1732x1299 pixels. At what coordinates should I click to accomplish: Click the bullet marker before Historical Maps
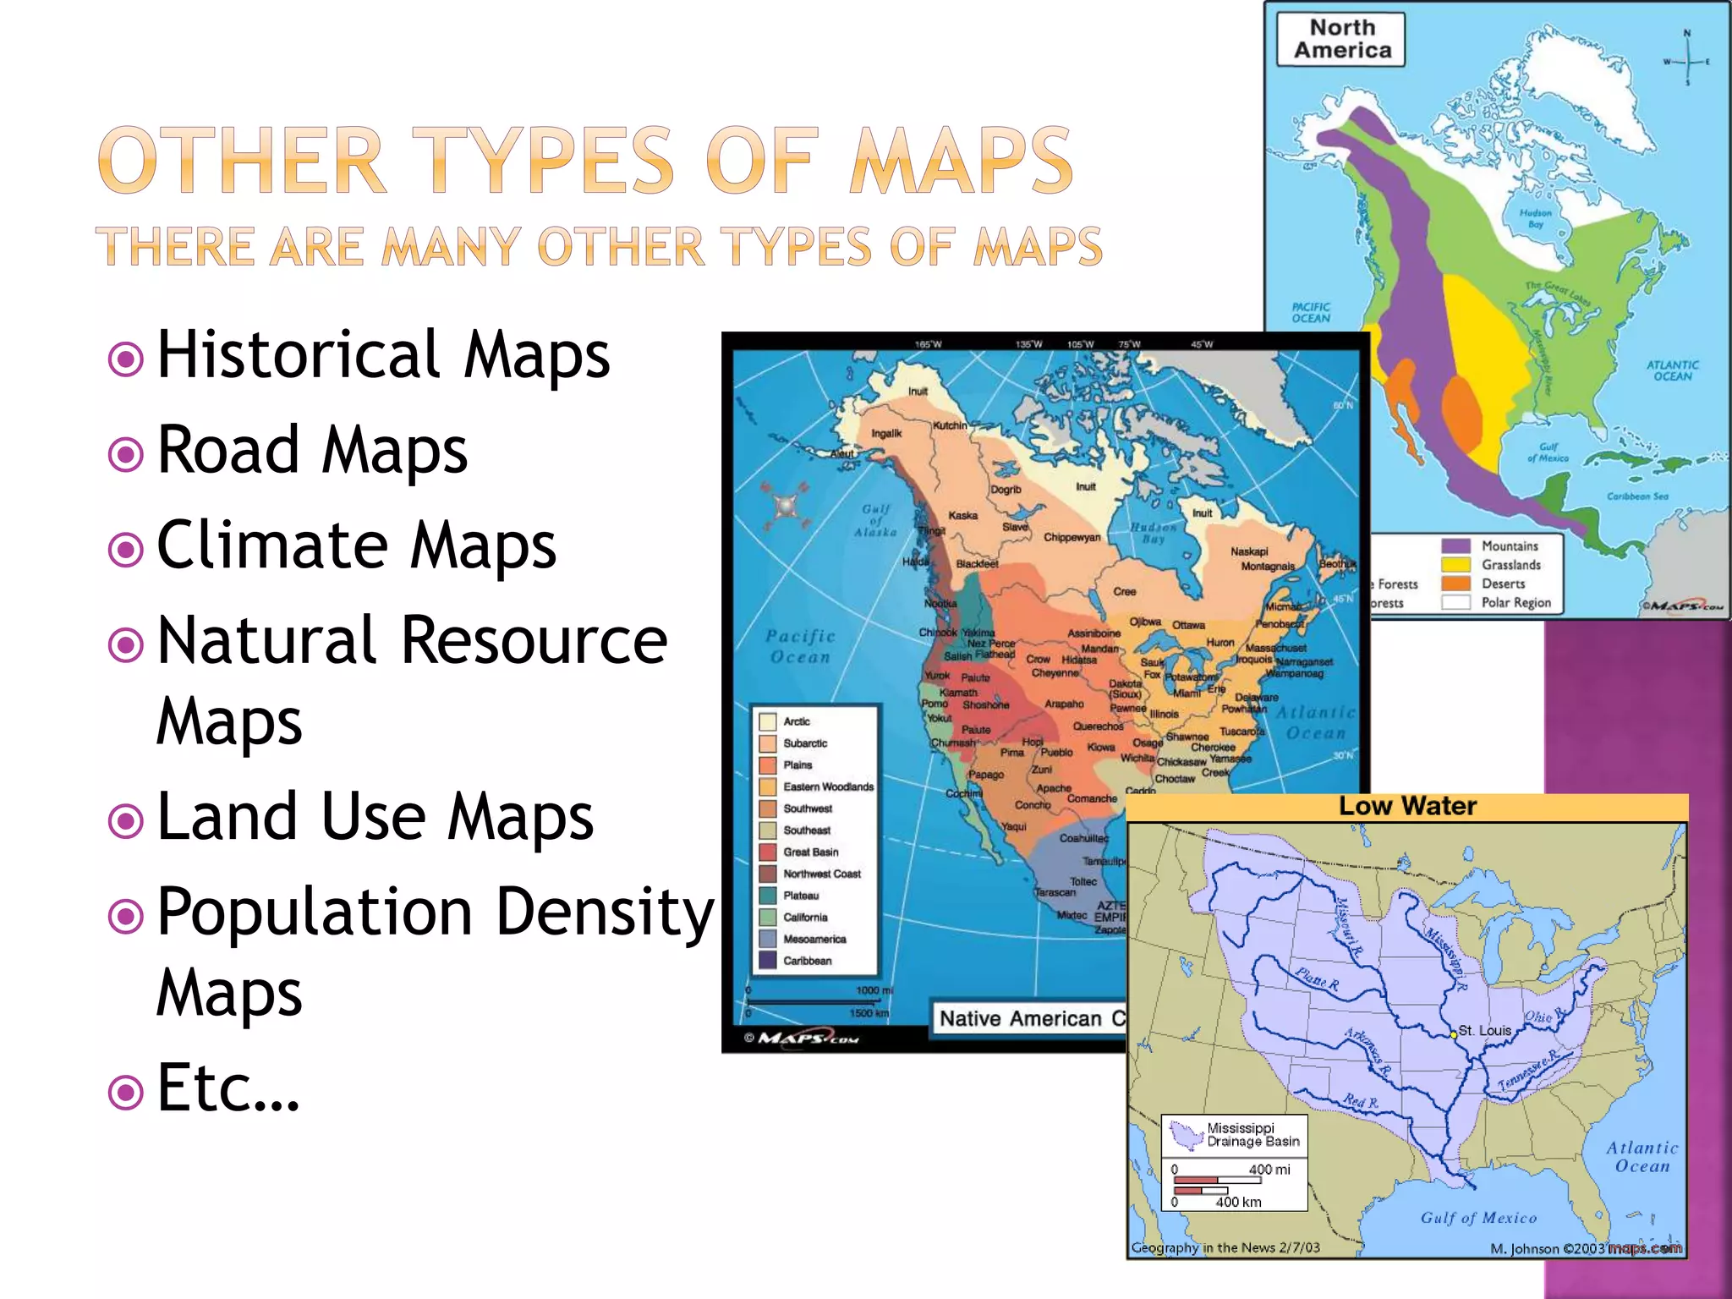pyautogui.click(x=126, y=359)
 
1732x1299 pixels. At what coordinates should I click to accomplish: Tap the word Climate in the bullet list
pyautogui.click(x=271, y=545)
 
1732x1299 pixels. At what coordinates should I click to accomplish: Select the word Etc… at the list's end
pyautogui.click(x=228, y=1088)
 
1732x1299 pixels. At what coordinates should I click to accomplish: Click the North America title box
pyautogui.click(x=1341, y=40)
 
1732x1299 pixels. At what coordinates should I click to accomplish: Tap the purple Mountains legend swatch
pyautogui.click(x=1455, y=546)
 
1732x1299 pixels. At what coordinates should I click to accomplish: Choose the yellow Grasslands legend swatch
pyautogui.click(x=1455, y=565)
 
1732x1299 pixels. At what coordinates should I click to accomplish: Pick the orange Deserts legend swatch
pyautogui.click(x=1455, y=584)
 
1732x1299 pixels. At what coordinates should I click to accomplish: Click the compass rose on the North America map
pyautogui.click(x=1686, y=61)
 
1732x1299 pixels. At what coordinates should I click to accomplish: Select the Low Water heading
pyautogui.click(x=1407, y=807)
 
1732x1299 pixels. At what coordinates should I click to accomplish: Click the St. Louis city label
pyautogui.click(x=1484, y=1030)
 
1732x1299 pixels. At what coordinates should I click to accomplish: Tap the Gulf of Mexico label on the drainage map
pyautogui.click(x=1478, y=1218)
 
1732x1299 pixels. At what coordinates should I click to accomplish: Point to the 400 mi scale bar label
pyautogui.click(x=1269, y=1170)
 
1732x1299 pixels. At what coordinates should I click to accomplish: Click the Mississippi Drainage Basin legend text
pyautogui.click(x=1252, y=1135)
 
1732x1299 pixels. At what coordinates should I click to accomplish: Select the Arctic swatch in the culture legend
pyautogui.click(x=768, y=721)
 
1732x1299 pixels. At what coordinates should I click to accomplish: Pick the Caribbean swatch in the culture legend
pyautogui.click(x=768, y=961)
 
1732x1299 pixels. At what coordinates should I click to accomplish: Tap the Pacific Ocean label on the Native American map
pyautogui.click(x=800, y=646)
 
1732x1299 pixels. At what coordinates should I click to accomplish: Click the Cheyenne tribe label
pyautogui.click(x=1055, y=673)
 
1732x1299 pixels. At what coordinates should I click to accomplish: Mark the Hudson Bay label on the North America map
pyautogui.click(x=1536, y=218)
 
